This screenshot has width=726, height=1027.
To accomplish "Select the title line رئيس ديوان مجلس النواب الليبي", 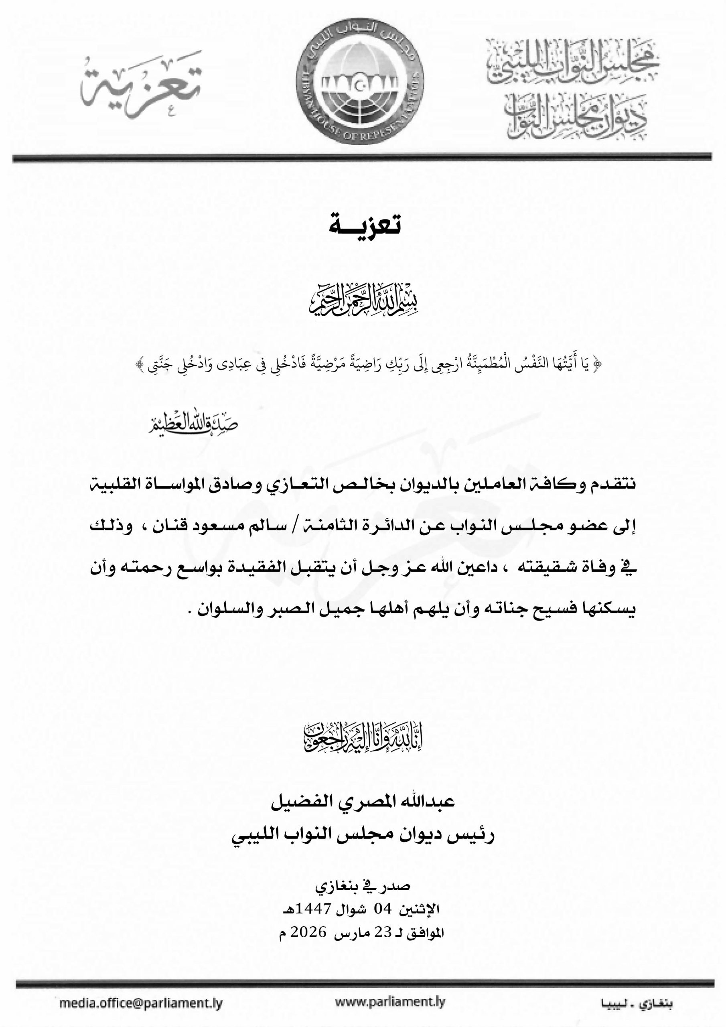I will pyautogui.click(x=363, y=835).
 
